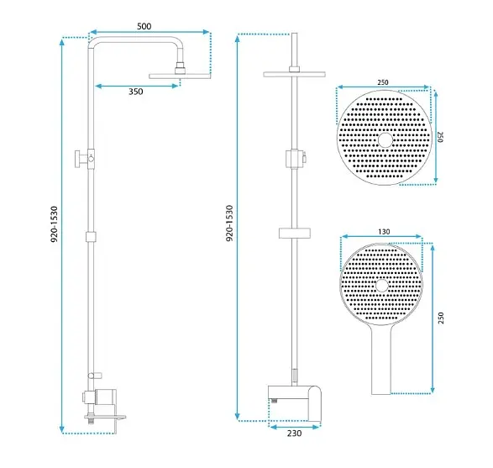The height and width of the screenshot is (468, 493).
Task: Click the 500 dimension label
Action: (144, 26)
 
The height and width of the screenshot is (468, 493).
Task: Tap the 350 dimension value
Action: (136, 92)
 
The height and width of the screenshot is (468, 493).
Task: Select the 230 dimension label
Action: (294, 433)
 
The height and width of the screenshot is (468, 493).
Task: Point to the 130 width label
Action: (384, 232)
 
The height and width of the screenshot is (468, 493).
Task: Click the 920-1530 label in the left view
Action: (55, 224)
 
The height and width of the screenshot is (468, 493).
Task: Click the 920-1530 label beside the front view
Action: (229, 223)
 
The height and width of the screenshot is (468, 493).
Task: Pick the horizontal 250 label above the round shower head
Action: (383, 82)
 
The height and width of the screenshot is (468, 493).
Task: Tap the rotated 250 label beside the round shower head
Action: (440, 137)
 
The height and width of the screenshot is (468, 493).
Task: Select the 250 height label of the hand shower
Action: (441, 318)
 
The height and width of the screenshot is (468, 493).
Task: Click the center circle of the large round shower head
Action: (385, 140)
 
